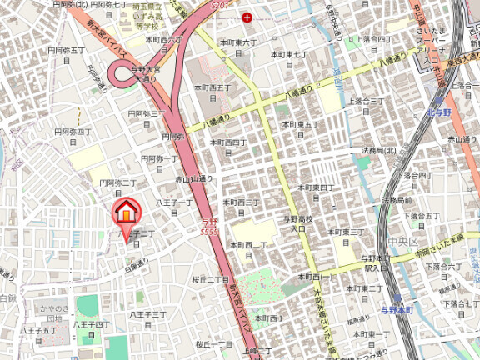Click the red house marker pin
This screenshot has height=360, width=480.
(126, 213)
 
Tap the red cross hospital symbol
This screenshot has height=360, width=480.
(246, 17)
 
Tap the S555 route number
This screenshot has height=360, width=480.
(210, 227)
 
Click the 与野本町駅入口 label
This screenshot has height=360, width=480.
(377, 263)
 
